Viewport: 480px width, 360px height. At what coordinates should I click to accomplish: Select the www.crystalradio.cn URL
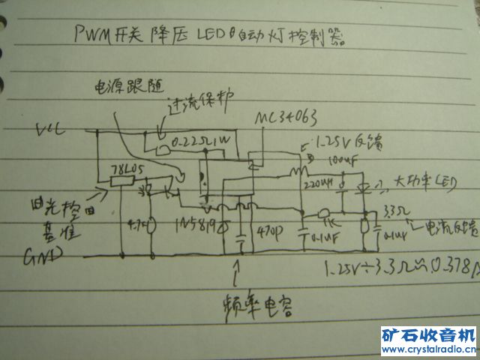(x=428, y=349)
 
